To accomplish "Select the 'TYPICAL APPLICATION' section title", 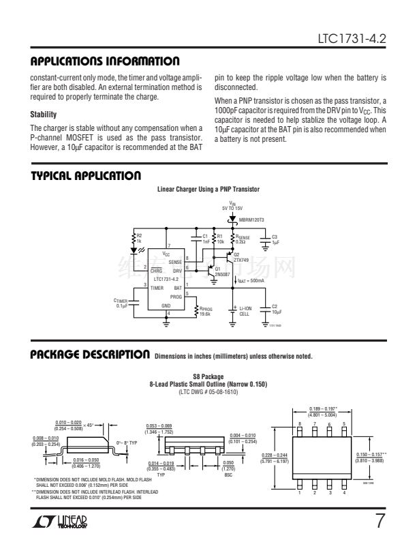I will [86, 176].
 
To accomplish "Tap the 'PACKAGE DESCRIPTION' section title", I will [90, 355].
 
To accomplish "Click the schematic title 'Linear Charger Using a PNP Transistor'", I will [208, 188].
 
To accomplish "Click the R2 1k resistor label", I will [140, 238].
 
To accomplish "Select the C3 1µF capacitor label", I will [275, 239].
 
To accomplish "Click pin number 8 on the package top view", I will [300, 423].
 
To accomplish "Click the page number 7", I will [380, 522].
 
